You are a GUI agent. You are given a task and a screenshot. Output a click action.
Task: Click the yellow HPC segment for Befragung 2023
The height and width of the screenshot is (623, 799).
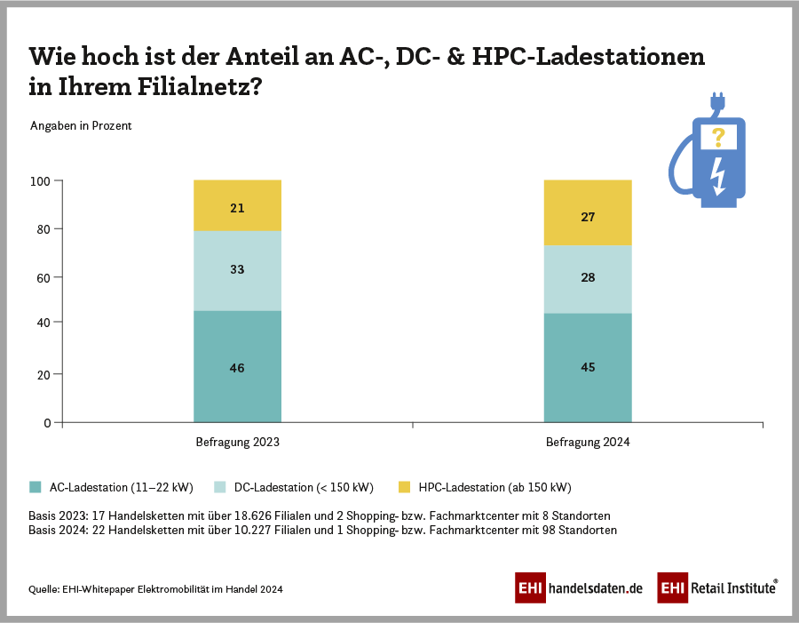click(x=237, y=205)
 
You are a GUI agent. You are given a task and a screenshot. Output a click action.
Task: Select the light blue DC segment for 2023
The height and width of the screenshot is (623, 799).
click(x=237, y=270)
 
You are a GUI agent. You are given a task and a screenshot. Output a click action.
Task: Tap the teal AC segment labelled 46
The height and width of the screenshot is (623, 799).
click(x=237, y=366)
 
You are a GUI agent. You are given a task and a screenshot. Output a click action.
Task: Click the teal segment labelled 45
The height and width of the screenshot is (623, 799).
click(x=588, y=367)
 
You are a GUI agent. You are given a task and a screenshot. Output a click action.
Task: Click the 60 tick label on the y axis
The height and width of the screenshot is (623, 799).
click(x=44, y=277)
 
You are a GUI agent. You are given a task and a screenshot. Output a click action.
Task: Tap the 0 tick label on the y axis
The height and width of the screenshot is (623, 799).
click(x=47, y=423)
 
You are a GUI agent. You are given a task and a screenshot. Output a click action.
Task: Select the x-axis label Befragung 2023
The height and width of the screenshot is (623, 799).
click(x=237, y=442)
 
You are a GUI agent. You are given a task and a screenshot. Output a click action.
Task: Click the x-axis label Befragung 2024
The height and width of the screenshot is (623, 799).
click(x=588, y=442)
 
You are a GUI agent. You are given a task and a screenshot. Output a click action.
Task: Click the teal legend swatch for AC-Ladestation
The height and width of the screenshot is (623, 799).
click(x=36, y=487)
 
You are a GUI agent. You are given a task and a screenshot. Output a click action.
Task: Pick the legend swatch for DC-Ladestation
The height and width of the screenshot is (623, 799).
click(x=221, y=487)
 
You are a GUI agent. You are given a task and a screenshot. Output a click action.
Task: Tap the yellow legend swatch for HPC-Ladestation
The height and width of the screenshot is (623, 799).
click(x=405, y=487)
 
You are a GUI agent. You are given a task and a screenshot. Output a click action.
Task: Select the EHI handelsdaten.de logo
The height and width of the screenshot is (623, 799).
click(x=578, y=587)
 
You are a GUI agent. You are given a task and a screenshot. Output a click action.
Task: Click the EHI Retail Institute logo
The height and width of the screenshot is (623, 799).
click(x=717, y=587)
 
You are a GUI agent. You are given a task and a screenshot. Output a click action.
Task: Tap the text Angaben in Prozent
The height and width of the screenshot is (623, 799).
click(x=81, y=125)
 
